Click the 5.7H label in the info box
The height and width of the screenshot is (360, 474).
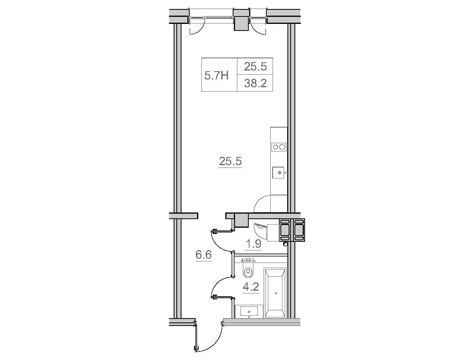tap(216, 76)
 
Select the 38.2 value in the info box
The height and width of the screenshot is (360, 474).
tap(255, 83)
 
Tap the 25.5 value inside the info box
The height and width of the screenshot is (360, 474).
tap(255, 67)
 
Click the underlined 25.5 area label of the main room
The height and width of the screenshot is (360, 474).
tap(230, 161)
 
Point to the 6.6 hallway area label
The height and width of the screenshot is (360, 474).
tap(203, 255)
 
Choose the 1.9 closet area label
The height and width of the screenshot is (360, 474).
tap(253, 244)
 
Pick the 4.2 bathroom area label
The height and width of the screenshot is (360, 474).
tap(251, 287)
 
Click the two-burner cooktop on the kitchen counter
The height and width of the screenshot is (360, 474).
tap(279, 147)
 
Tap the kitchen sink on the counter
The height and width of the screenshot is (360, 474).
tap(278, 173)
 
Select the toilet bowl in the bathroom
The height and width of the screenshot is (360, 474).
tap(248, 272)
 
